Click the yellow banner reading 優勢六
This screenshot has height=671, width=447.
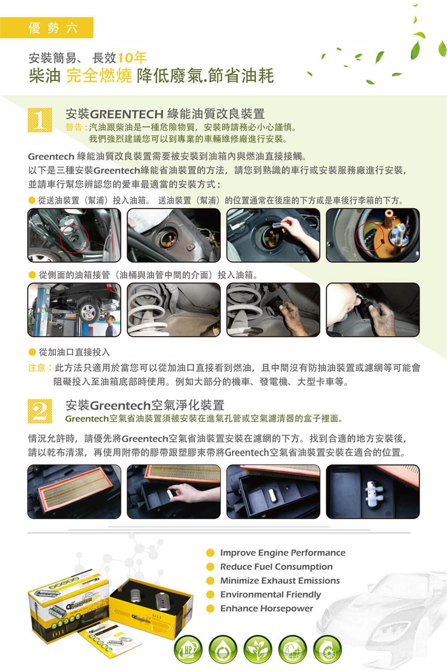coord(47,28)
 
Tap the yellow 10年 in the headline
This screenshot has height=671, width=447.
coord(132,57)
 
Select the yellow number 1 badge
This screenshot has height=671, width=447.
coord(40,120)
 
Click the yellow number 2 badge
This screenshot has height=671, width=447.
coord(40,411)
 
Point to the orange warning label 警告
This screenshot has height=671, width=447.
coord(74,127)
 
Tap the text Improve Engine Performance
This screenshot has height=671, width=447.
coord(283,553)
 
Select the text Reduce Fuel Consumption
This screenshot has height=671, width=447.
coord(276,567)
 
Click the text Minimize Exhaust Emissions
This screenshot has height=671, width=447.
coord(280,581)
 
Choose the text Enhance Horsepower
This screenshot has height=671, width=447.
coord(267,609)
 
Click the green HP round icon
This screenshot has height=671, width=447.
coord(188,650)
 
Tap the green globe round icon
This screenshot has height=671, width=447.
coord(292,650)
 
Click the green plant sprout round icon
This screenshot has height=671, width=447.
coord(258,650)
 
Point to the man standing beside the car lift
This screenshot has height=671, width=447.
coord(111,326)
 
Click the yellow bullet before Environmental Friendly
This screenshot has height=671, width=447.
coord(210,595)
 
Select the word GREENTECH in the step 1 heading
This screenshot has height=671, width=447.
coord(126,114)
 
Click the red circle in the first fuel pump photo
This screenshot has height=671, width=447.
coord(74,239)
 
